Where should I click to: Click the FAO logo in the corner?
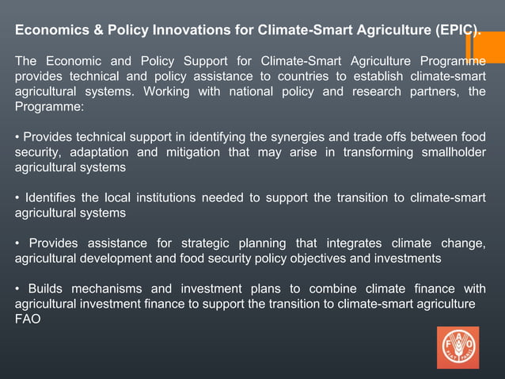point(458,347)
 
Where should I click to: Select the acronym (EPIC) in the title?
point(457,31)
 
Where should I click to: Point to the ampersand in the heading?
point(92,31)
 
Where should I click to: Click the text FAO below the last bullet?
point(28,319)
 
